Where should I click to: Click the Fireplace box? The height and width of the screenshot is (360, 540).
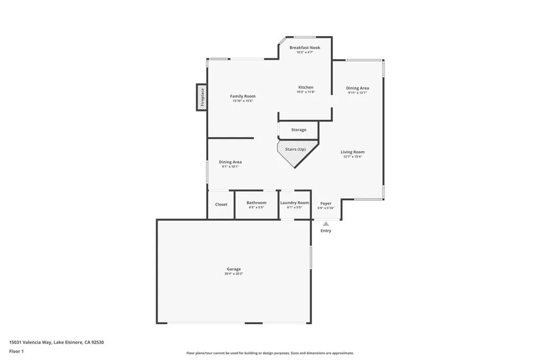pos(201,97)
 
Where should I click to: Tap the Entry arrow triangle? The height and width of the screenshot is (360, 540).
pos(326,224)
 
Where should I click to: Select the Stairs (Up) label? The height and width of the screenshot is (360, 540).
pos(295,149)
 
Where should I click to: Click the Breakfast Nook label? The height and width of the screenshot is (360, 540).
pos(305,47)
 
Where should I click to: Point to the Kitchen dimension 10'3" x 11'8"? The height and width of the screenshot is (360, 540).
pos(306,92)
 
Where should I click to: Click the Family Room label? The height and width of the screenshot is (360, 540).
pos(243,96)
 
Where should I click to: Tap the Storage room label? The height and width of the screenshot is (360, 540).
pos(298,130)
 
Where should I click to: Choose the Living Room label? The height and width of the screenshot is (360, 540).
pos(352,152)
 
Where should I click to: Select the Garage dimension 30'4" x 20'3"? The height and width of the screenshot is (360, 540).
pos(234,274)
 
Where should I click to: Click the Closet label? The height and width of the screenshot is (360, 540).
pos(221,204)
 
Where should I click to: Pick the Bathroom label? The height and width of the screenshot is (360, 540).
pos(256,202)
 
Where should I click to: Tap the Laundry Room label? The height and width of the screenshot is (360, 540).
pos(294,202)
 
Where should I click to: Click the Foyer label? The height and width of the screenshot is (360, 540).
pos(326,203)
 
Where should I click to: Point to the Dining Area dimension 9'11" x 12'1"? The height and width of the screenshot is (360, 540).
pos(357,93)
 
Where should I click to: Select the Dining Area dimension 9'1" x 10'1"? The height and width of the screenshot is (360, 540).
pos(230,167)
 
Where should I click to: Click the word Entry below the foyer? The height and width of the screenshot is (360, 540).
pos(326,231)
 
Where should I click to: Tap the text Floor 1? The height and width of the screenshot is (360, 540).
pos(16,351)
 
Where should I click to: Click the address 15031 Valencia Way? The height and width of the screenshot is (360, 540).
pos(31,342)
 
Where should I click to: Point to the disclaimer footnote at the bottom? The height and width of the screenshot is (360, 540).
pos(269,353)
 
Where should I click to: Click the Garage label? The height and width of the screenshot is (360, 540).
pos(234,269)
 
